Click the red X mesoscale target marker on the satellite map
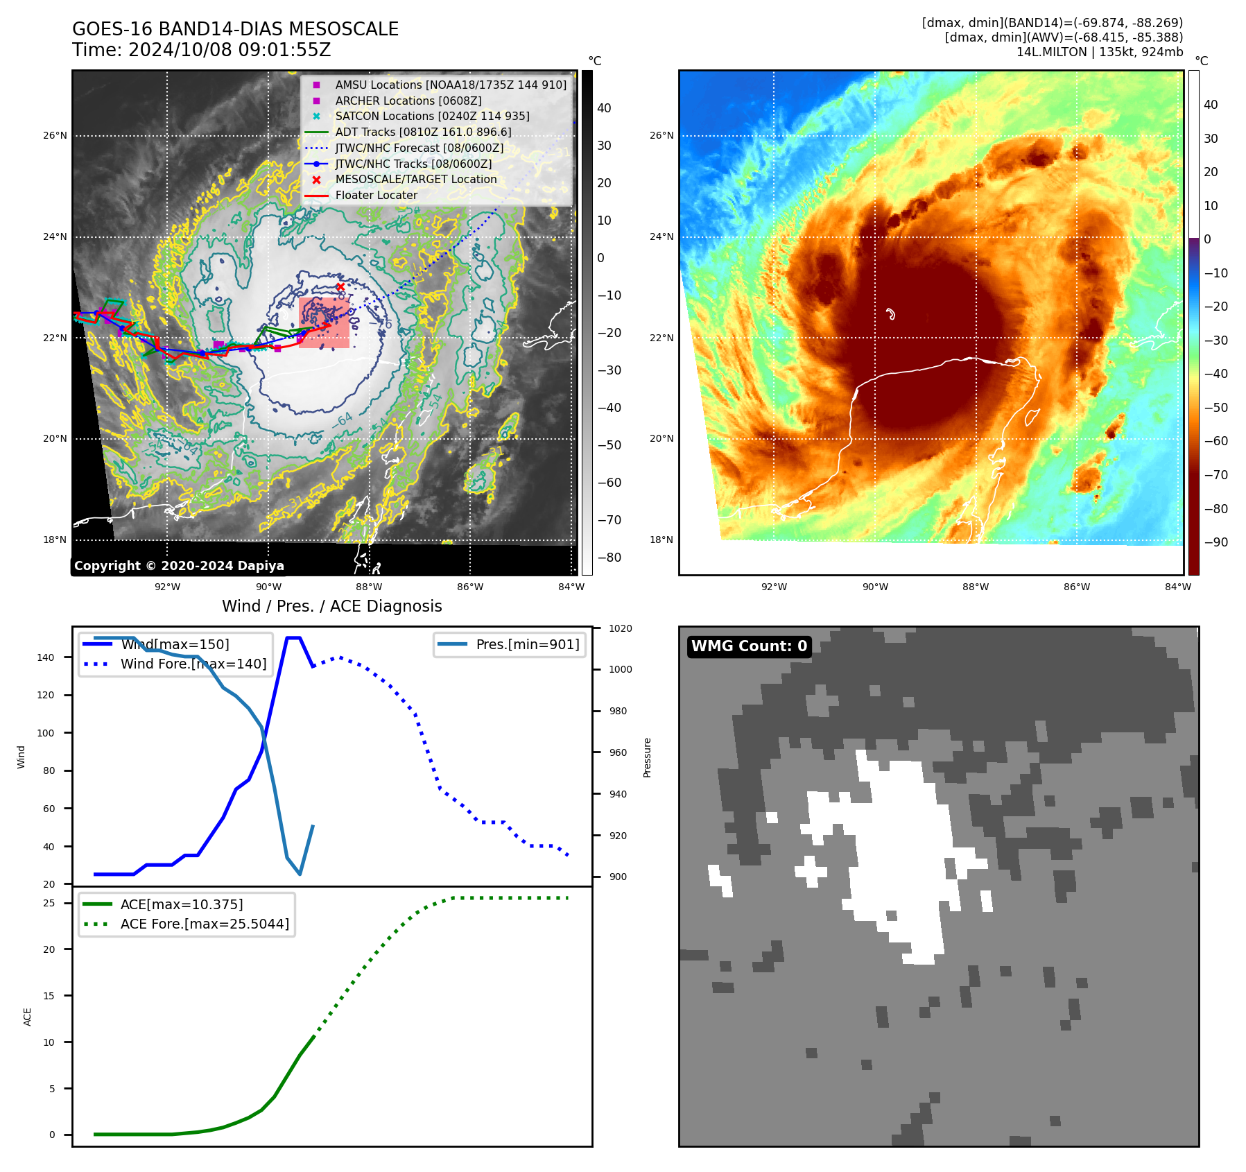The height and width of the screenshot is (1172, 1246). point(340,286)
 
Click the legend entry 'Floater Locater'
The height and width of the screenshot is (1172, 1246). point(376,196)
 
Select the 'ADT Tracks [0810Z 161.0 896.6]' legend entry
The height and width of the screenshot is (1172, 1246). point(423,132)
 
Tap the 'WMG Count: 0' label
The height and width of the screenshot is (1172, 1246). point(749,646)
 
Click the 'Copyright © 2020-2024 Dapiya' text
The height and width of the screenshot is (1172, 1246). point(179,566)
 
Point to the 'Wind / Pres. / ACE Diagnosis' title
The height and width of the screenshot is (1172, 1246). point(331,606)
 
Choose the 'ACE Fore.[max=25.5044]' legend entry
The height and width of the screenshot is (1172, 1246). point(205,924)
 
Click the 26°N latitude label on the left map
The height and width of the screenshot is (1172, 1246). point(55,135)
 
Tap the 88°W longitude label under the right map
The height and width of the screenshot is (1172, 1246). point(976,587)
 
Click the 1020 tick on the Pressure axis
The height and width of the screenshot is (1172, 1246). point(621,628)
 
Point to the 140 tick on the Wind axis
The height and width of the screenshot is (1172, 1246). point(46,657)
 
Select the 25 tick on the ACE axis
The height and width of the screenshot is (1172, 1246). point(49,903)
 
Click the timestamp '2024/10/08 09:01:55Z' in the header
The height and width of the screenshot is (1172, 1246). point(230,51)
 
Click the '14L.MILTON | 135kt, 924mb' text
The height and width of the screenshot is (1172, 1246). point(1099,52)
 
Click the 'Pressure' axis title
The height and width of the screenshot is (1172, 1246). point(647,757)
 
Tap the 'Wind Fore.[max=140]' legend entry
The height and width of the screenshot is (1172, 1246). point(193,664)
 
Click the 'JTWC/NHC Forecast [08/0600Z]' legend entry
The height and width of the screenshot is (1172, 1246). point(419,148)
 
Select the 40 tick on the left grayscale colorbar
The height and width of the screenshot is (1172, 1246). point(604,108)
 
